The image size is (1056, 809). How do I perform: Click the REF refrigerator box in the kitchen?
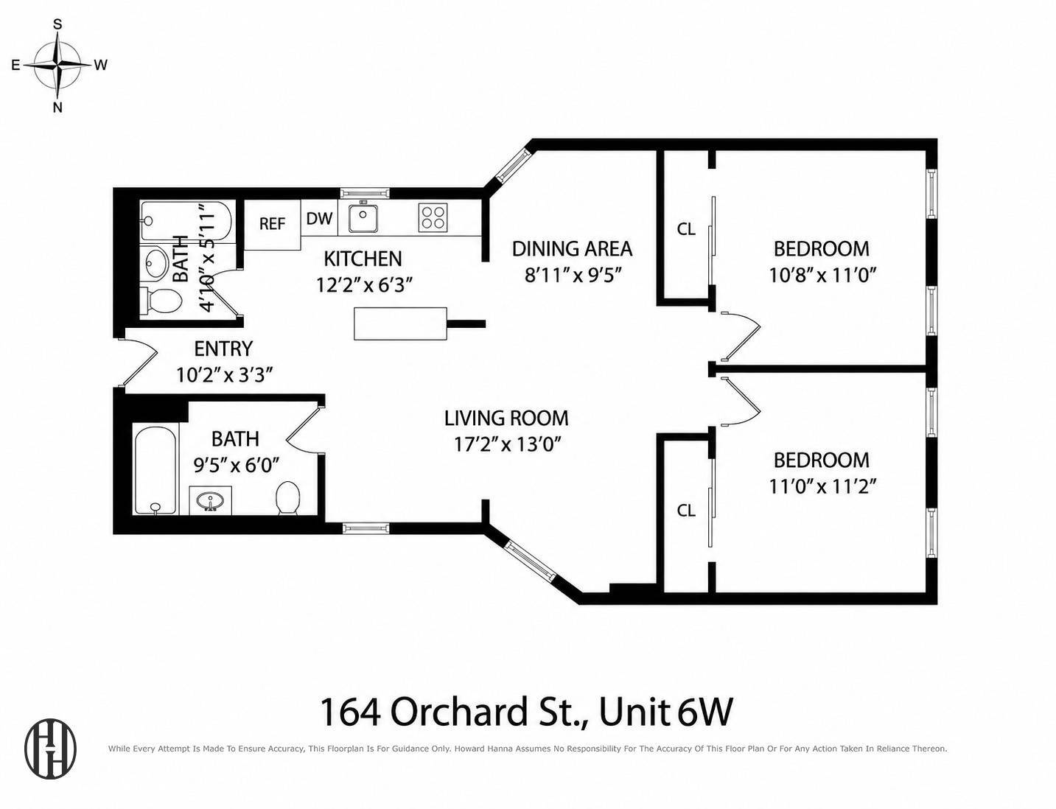272,225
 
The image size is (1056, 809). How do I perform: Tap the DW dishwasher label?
319,219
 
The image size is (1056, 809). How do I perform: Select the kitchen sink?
363,218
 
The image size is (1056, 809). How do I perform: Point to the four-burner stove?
433,217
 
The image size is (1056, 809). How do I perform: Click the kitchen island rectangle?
400,323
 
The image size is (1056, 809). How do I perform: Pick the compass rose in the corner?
57,65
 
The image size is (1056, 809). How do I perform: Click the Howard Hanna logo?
51,749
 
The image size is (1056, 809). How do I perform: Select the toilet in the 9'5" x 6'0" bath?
287,498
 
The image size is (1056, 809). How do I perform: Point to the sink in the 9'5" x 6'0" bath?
211,500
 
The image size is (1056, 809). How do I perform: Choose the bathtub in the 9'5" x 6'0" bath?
155,470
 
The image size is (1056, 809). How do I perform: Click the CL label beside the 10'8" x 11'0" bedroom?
685,229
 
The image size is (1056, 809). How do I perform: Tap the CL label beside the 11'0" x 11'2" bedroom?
685,510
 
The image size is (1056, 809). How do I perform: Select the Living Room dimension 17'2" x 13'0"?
507,444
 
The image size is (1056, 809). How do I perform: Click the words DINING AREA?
573,249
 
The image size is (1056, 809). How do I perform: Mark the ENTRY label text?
223,349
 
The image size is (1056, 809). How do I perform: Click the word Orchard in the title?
460,712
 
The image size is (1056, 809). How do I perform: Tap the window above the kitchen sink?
365,193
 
